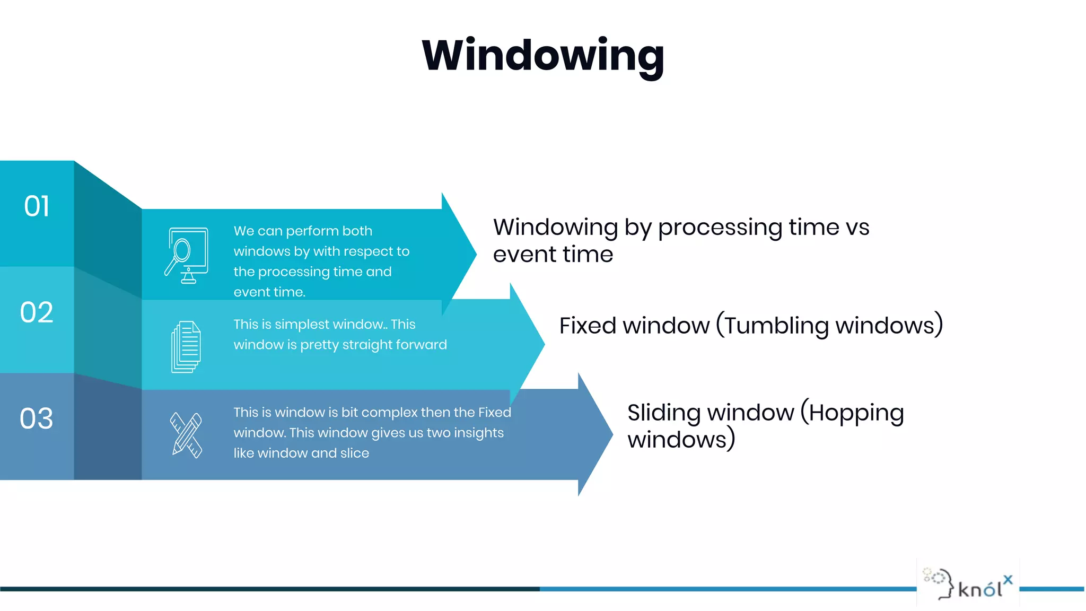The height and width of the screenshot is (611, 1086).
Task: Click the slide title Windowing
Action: point(542,56)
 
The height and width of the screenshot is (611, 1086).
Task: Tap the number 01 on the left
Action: point(37,206)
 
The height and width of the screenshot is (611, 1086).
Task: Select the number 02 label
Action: point(37,312)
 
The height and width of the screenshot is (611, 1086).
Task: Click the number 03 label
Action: point(37,418)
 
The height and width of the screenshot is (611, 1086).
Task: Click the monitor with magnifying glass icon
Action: point(186,256)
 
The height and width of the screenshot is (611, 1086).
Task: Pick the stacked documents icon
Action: point(186,347)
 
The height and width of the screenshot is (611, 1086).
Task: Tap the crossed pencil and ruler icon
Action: point(186,435)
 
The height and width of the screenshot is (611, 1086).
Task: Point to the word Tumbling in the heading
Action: point(776,325)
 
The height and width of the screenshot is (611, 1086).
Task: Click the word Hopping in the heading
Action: point(856,413)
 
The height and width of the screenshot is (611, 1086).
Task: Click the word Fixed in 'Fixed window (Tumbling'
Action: point(581,325)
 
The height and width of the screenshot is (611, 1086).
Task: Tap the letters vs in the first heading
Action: point(857,227)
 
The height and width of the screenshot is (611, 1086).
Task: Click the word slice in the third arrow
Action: point(355,453)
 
